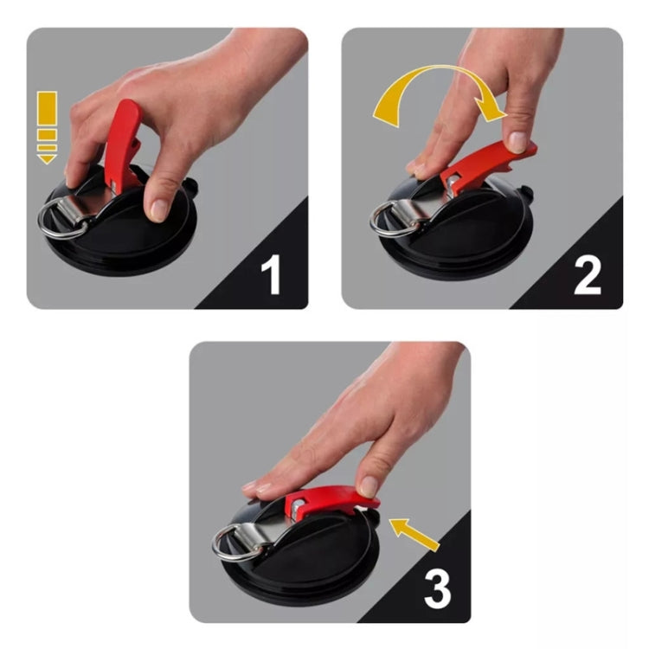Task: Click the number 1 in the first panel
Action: (271, 274)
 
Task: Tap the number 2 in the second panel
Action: (587, 274)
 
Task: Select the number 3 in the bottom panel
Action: (436, 588)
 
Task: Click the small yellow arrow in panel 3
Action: (416, 532)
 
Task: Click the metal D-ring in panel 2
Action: (392, 215)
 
